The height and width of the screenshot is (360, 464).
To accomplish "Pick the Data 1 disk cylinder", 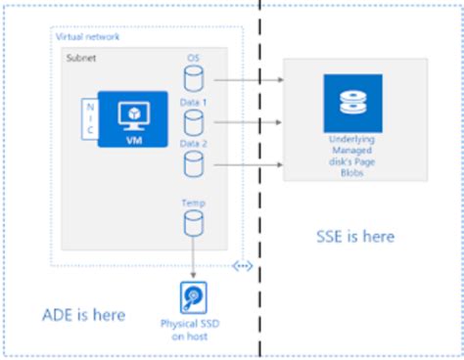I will pos(194,122).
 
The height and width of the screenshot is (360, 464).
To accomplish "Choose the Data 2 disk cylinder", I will pos(194,163).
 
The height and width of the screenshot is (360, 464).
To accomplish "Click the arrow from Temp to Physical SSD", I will pos(194,260).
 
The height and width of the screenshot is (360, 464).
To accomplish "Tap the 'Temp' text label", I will pos(194,202).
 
